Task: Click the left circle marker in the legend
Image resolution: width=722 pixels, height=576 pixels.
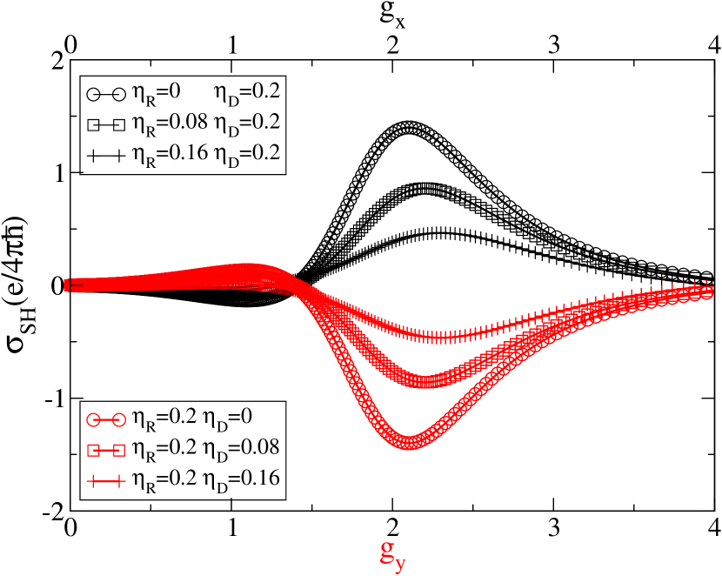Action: (93, 419)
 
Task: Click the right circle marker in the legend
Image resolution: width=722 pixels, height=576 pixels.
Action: (119, 419)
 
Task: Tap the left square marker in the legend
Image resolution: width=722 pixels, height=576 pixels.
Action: (93, 450)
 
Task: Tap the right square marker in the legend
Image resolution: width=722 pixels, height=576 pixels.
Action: (119, 450)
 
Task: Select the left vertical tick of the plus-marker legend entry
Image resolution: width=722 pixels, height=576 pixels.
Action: (93, 480)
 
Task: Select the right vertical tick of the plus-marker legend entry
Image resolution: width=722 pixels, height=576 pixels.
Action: (119, 480)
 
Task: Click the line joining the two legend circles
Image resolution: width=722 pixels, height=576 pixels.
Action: (106, 419)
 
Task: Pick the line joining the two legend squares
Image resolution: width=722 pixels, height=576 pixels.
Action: (106, 450)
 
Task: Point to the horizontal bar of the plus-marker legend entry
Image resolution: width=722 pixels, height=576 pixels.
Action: (106, 480)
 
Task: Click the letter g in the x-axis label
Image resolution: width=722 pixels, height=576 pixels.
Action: (387, 550)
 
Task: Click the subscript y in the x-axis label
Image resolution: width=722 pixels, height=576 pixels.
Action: (400, 564)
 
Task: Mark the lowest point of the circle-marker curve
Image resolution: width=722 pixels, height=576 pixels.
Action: (409, 442)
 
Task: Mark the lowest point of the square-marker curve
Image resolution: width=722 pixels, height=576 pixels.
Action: (425, 381)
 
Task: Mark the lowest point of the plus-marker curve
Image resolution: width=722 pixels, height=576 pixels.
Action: (444, 337)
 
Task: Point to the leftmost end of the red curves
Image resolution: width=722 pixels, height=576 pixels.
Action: (67, 285)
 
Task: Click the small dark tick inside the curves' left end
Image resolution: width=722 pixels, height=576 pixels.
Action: (76, 285)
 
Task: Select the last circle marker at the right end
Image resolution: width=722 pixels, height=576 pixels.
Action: (706, 293)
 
